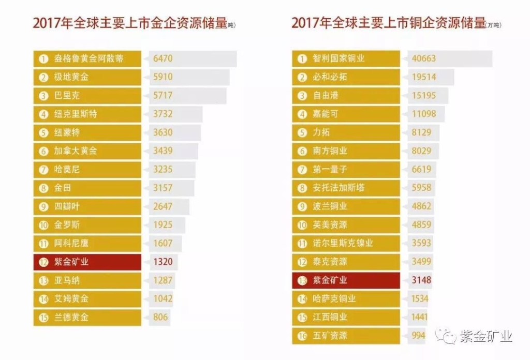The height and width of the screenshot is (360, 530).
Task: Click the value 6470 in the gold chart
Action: [163, 58]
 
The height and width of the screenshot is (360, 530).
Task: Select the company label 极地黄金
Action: [71, 77]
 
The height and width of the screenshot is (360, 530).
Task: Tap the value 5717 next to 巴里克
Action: [163, 96]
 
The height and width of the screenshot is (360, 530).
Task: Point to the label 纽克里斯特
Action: [76, 114]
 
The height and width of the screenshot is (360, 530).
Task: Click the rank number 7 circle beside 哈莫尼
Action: [43, 170]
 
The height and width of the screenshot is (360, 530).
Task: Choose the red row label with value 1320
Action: [71, 262]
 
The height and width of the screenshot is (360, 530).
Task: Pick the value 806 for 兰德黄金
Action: [160, 317]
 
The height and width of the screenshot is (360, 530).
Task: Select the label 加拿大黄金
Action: [76, 151]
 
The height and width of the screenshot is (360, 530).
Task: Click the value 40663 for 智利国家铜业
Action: [423, 58]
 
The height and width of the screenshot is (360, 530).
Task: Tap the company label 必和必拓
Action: [330, 77]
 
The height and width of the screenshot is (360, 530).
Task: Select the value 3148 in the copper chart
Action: [421, 280]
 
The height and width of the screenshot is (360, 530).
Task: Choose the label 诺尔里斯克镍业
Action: [343, 243]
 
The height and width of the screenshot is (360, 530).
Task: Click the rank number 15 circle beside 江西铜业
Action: [302, 317]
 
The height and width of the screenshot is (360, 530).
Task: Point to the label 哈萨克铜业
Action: [334, 298]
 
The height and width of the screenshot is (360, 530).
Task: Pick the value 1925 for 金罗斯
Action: [163, 225]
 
